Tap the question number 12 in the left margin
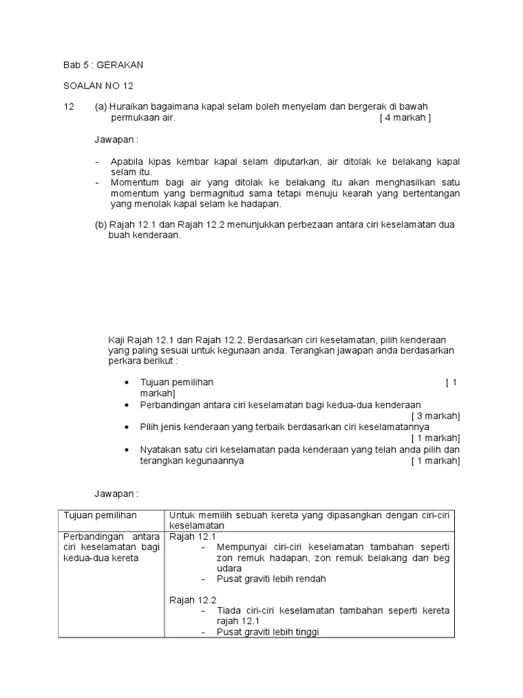[x=68, y=107]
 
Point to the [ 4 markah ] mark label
[x=405, y=117]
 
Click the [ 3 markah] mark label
[x=435, y=415]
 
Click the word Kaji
[x=118, y=339]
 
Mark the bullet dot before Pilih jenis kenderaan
[x=127, y=427]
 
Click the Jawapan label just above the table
[x=116, y=493]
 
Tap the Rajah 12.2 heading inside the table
[x=193, y=600]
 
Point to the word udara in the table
[x=230, y=568]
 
